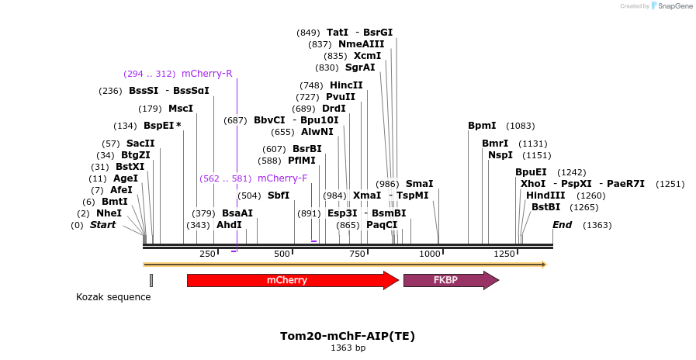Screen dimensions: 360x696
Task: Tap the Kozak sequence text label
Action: (113, 297)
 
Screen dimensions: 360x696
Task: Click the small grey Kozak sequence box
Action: (151, 280)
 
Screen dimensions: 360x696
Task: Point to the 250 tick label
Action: (207, 254)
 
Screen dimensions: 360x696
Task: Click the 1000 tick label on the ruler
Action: (429, 254)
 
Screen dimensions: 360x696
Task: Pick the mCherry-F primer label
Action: (282, 178)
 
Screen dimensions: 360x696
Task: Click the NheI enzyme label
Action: (109, 213)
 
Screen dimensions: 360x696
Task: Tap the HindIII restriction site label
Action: (545, 196)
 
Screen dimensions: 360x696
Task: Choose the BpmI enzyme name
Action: (482, 126)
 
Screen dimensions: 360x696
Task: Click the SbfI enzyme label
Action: (279, 196)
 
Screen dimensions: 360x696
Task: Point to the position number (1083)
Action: (520, 126)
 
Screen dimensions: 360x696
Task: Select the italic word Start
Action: (102, 225)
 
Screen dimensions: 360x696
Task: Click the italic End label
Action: (562, 225)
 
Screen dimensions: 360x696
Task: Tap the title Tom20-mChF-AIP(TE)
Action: (348, 336)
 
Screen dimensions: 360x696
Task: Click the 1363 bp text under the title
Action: (348, 348)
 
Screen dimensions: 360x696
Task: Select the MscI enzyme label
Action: (180, 109)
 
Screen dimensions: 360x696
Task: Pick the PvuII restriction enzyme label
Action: (340, 97)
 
